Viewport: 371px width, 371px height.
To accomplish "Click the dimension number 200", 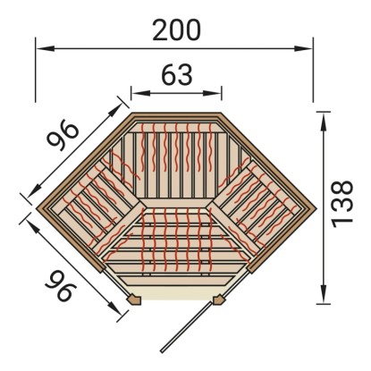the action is [x=176, y=30].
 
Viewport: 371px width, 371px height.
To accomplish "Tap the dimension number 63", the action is [x=177, y=75].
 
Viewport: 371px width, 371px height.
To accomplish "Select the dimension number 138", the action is [x=342, y=204].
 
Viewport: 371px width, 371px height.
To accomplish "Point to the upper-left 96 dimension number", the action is [x=63, y=136].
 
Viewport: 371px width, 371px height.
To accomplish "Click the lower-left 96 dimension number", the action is [x=61, y=285].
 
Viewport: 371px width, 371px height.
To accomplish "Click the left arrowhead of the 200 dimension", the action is [x=46, y=48].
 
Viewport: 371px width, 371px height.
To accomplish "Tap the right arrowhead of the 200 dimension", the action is [x=303, y=48].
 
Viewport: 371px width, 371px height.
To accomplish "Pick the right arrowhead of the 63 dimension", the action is [x=212, y=93].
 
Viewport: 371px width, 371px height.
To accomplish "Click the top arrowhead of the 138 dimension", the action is [x=323, y=122].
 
